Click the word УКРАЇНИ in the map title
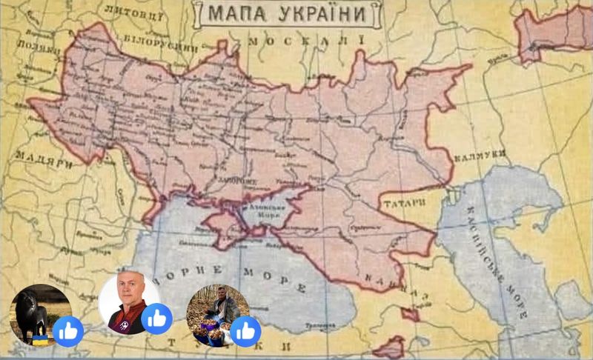pyautogui.click(x=322, y=13)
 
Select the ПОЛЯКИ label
pyautogui.click(x=38, y=47)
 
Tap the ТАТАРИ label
pyautogui.click(x=405, y=201)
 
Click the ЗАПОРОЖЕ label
pyautogui.click(x=237, y=181)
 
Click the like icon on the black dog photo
pyautogui.click(x=68, y=331)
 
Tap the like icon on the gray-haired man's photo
pyautogui.click(x=157, y=319)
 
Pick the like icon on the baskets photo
pyautogui.click(x=245, y=331)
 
